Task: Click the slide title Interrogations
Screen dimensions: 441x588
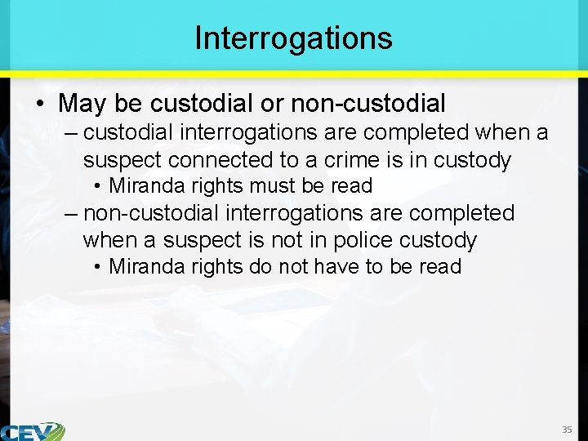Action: (x=293, y=38)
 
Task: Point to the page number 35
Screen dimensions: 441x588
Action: (x=567, y=430)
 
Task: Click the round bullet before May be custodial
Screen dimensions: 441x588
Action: (x=41, y=105)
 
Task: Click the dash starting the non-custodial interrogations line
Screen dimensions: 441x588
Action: (x=72, y=214)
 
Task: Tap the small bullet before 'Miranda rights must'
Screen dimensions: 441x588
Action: (x=98, y=186)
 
